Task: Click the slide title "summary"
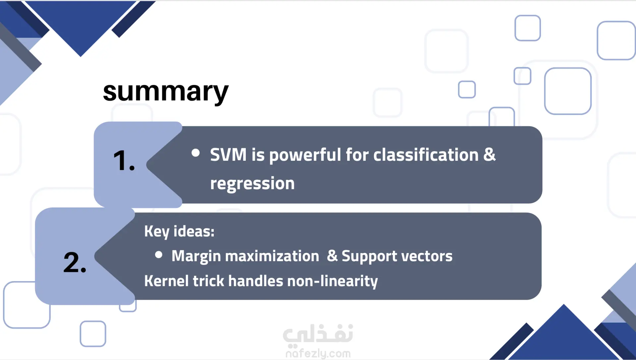166,92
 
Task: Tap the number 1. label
124,161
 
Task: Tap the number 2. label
75,263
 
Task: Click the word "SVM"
228,155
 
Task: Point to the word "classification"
426,155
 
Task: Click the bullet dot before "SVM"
195,153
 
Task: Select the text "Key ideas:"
179,231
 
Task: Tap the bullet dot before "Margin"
159,255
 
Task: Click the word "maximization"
273,256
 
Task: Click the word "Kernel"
166,281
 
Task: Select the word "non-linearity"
333,281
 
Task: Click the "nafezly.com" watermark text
318,354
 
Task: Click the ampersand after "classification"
490,155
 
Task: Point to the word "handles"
256,281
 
